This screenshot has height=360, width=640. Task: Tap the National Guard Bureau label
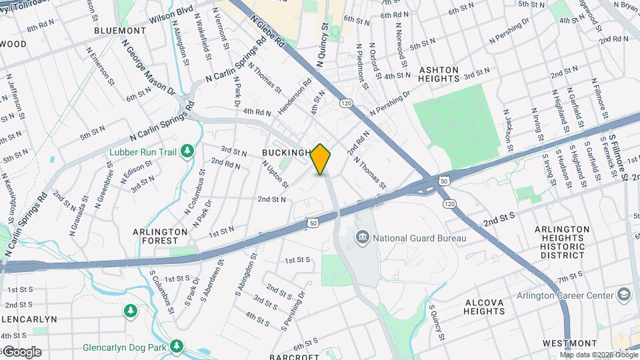419,237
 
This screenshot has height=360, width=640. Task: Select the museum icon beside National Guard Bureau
362,237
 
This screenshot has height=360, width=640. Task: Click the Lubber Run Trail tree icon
187,152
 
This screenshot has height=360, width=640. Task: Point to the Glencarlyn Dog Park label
125,347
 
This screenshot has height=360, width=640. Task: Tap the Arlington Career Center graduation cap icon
623,294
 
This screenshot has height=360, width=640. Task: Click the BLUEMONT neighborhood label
120,31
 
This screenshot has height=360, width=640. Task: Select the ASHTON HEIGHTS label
439,74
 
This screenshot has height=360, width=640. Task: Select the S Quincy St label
437,324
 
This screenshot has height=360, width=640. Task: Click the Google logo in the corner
21,351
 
